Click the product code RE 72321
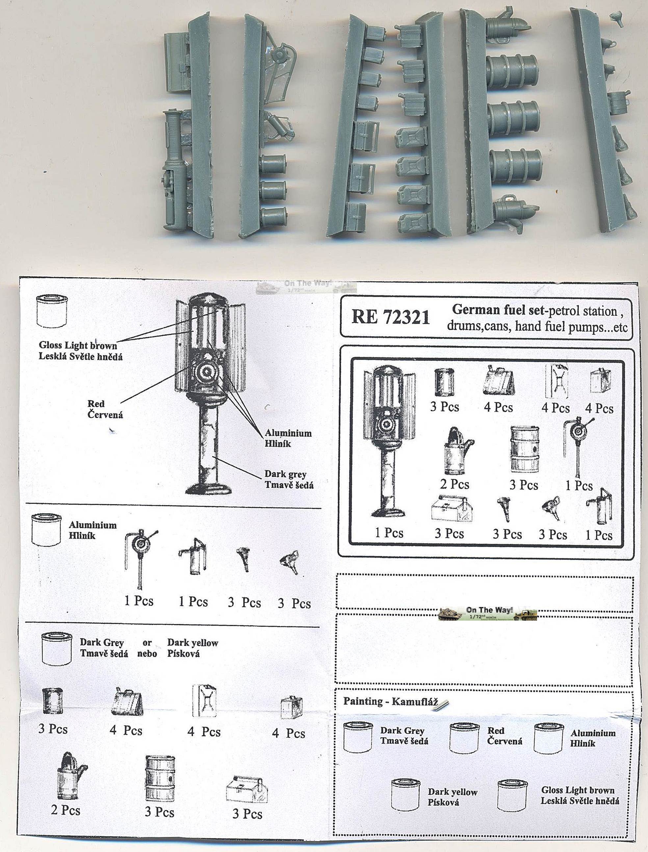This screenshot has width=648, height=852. [390, 317]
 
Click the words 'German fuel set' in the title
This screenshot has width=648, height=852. [498, 309]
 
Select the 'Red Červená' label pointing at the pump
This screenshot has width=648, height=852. [105, 409]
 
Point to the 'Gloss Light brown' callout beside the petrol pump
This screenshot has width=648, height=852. [78, 345]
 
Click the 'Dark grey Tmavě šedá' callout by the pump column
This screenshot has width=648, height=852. [289, 479]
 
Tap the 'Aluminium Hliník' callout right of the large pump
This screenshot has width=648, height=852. [288, 438]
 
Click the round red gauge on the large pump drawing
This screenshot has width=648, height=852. [206, 372]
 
